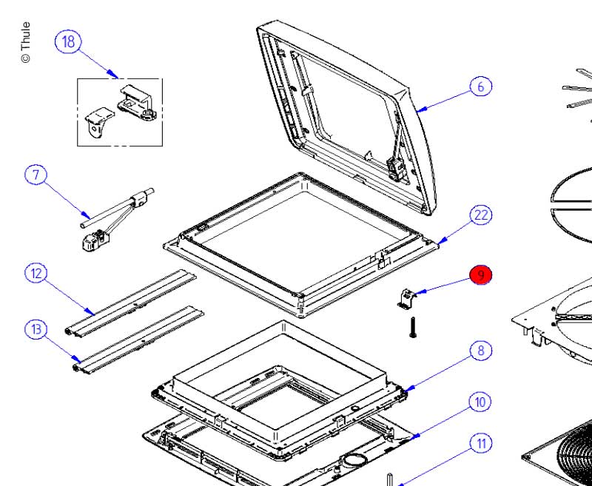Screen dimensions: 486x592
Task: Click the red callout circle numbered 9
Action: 480,276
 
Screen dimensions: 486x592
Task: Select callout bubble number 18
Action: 69,41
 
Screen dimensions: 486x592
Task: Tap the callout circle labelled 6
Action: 480,87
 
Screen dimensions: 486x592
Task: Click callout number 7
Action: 35,175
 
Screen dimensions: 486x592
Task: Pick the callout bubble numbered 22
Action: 480,215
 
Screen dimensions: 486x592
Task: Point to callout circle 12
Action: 35,274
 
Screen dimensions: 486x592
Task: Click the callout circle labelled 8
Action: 480,350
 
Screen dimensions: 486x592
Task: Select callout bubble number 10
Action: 480,402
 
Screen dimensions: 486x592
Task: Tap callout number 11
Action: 480,444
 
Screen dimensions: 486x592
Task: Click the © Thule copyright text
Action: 26,42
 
